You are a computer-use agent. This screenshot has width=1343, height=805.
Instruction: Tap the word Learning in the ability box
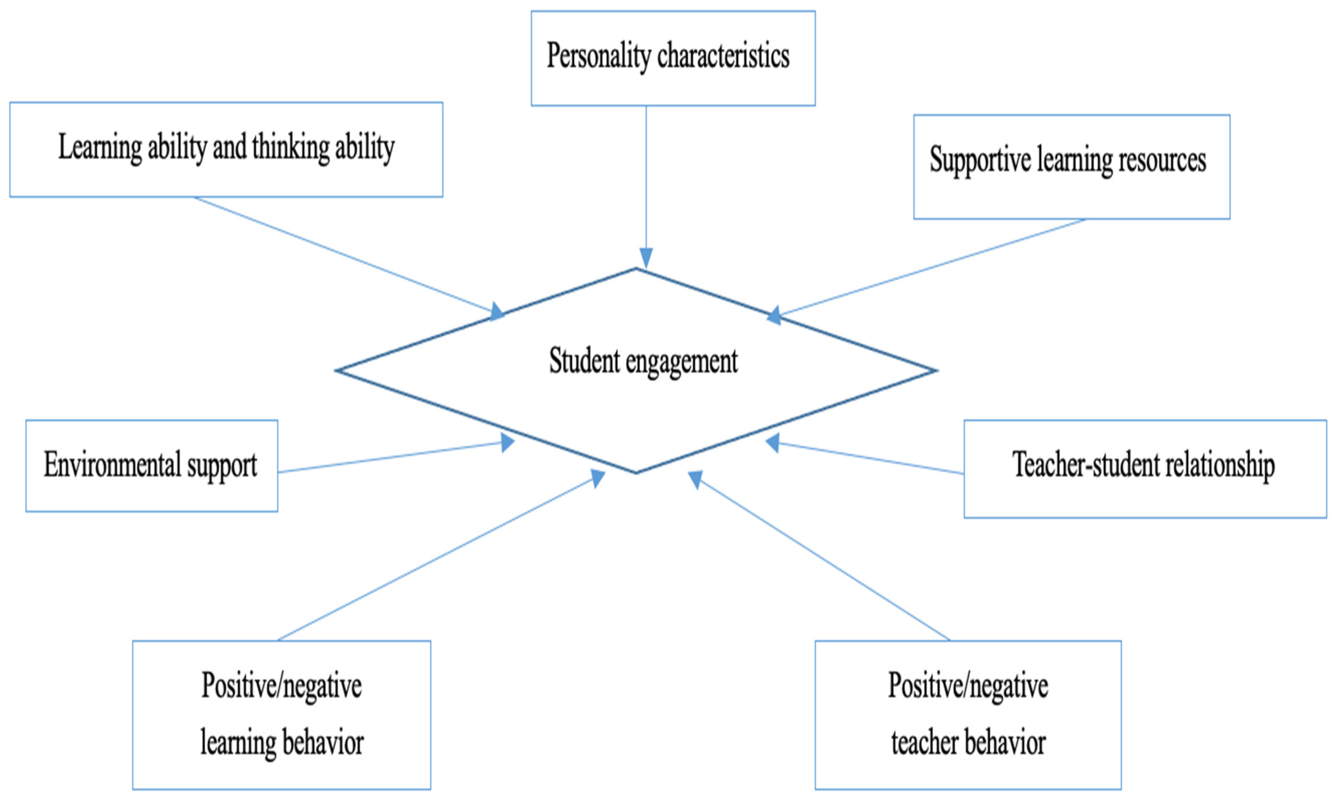point(100,147)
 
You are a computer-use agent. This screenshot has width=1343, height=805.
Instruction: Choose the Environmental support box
point(151,466)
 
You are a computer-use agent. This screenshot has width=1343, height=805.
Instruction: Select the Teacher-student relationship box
point(1145,469)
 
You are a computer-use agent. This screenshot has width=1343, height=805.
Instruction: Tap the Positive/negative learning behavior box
point(282,714)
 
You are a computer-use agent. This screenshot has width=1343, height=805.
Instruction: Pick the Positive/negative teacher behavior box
point(968,714)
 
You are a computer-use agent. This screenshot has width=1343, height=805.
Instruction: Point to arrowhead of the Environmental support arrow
point(507,442)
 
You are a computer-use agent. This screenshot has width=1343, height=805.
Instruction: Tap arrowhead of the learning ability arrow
point(497,312)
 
